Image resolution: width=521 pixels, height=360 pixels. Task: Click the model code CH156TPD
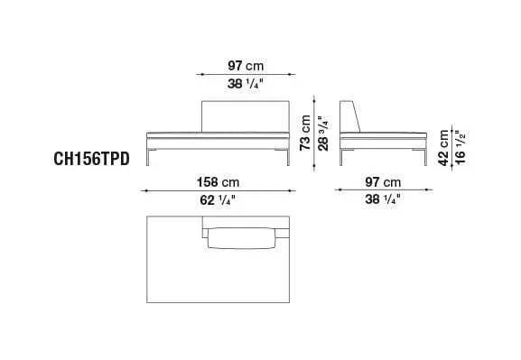(91, 159)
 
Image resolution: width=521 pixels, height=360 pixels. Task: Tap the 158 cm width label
(218, 182)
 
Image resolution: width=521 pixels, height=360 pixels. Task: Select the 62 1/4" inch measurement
(218, 200)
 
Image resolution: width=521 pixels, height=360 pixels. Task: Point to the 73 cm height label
(305, 133)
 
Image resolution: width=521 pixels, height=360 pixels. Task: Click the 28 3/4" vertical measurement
(323, 134)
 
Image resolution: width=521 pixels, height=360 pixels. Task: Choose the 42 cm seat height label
(443, 147)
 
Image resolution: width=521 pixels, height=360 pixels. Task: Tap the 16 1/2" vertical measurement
(461, 147)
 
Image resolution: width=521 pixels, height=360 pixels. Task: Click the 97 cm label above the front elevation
(246, 66)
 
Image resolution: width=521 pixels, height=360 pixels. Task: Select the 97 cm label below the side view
(383, 182)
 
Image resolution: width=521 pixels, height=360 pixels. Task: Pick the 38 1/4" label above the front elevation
(246, 84)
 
